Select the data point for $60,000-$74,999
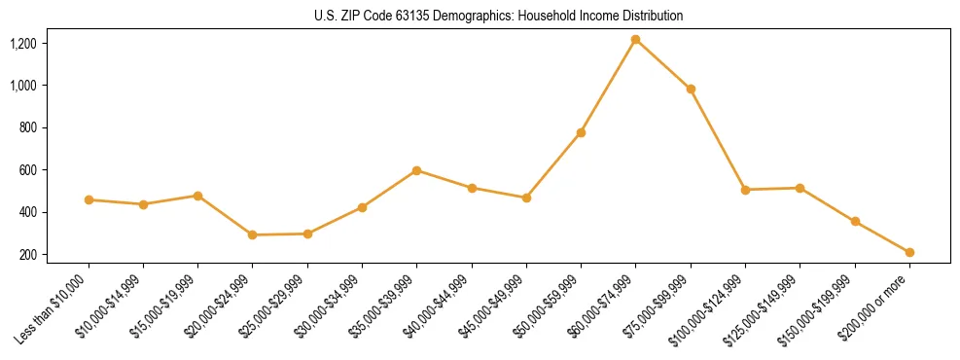point(636,40)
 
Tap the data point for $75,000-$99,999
point(691,89)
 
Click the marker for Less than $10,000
point(89,199)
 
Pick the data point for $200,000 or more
point(909,252)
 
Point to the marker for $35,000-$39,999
point(417,170)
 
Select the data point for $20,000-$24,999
point(253,234)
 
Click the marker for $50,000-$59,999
point(581,132)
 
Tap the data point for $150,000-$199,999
point(855,222)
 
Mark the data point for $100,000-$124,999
point(745,190)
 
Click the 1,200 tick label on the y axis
point(51,44)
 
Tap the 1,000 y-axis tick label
point(51,86)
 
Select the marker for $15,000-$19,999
point(198,196)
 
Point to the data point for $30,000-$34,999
point(362,207)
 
